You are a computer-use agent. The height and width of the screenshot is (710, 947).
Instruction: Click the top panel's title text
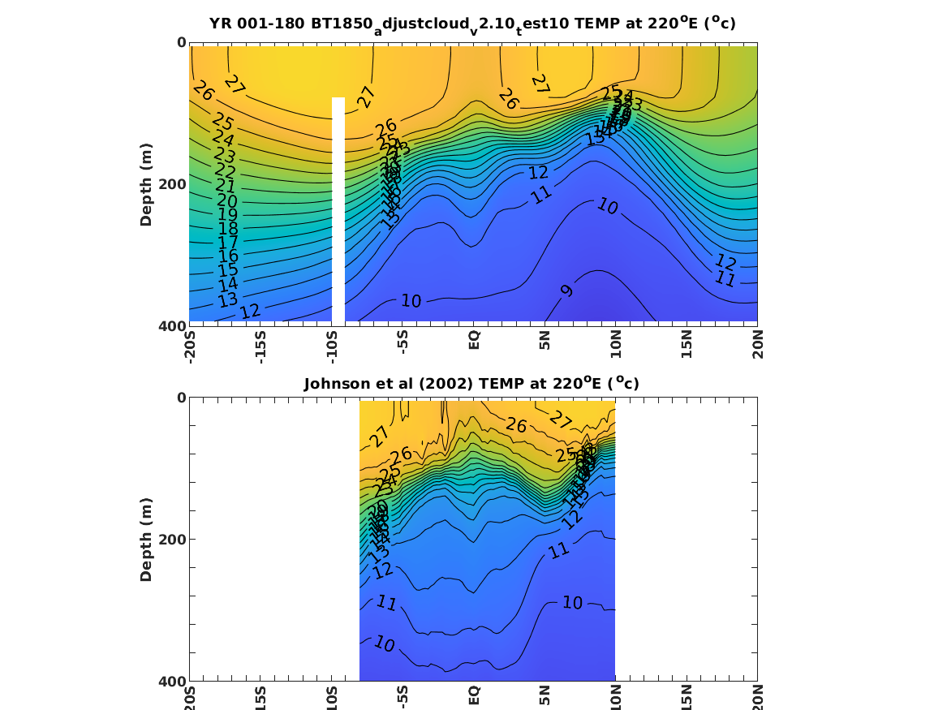click(x=472, y=24)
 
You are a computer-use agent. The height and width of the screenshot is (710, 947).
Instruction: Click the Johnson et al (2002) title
click(x=471, y=384)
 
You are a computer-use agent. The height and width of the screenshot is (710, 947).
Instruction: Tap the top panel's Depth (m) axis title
click(x=146, y=183)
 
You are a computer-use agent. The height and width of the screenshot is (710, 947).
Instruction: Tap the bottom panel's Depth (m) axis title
click(x=146, y=539)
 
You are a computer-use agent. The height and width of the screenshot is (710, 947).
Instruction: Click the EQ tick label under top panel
click(x=474, y=338)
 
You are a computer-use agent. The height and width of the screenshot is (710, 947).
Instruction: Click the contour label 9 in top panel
click(x=567, y=290)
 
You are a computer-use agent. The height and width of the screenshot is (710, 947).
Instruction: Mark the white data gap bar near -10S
click(x=338, y=211)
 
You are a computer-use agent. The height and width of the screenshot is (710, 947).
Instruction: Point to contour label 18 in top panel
click(x=227, y=230)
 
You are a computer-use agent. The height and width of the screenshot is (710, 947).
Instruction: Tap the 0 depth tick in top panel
click(x=181, y=42)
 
